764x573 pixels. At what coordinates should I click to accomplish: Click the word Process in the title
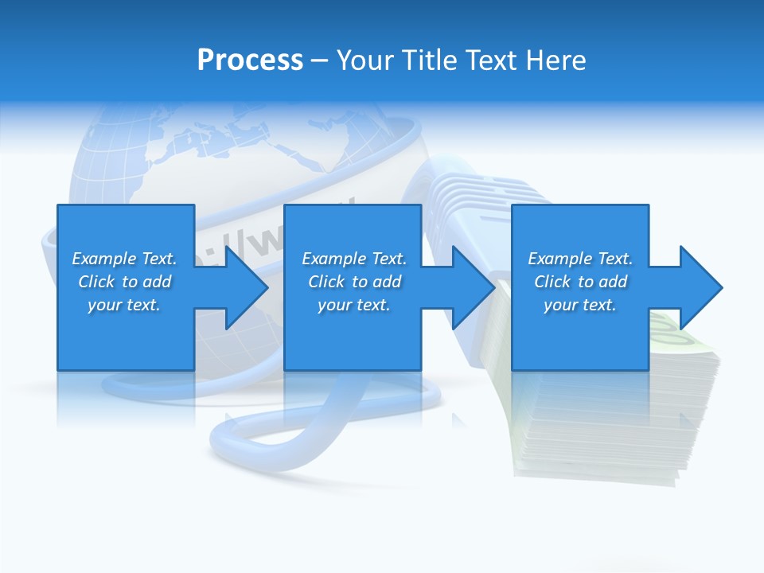[x=250, y=60]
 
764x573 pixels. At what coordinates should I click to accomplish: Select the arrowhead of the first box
[x=245, y=287]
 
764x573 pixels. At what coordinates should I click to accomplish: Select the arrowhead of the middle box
[x=473, y=287]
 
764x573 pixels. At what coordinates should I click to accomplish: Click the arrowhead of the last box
[x=700, y=287]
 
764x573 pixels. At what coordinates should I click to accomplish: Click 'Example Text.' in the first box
[x=124, y=259]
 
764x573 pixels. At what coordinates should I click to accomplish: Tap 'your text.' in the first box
[x=124, y=305]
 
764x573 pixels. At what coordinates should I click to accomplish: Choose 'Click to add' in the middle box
[x=354, y=282]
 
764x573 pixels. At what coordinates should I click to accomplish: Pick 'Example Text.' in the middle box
[x=354, y=259]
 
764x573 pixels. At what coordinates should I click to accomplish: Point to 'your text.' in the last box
[x=580, y=305]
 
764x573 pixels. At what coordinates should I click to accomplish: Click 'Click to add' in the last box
[x=580, y=282]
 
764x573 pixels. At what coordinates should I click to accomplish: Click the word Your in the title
[x=364, y=60]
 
